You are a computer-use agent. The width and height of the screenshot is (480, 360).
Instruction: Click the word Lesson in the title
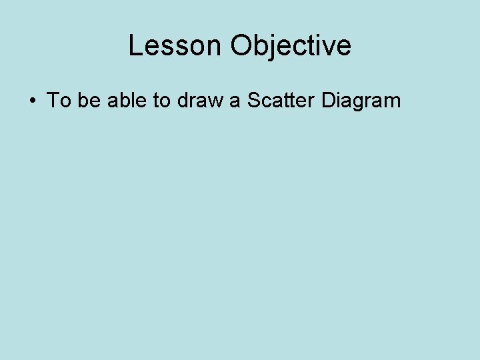(175, 46)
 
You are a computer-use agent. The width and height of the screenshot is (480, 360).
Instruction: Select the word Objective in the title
(291, 46)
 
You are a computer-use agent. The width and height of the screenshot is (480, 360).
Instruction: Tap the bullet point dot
(32, 101)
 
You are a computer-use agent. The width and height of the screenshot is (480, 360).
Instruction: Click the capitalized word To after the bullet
(59, 101)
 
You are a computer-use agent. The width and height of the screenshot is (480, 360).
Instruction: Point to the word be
(89, 101)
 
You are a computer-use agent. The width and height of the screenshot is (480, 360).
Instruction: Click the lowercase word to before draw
(162, 101)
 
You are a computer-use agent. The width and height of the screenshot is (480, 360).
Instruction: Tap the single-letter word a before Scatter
(235, 101)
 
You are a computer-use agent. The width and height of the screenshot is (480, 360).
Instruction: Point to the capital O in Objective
(242, 46)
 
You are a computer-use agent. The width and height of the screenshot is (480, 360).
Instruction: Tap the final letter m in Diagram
(393, 101)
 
